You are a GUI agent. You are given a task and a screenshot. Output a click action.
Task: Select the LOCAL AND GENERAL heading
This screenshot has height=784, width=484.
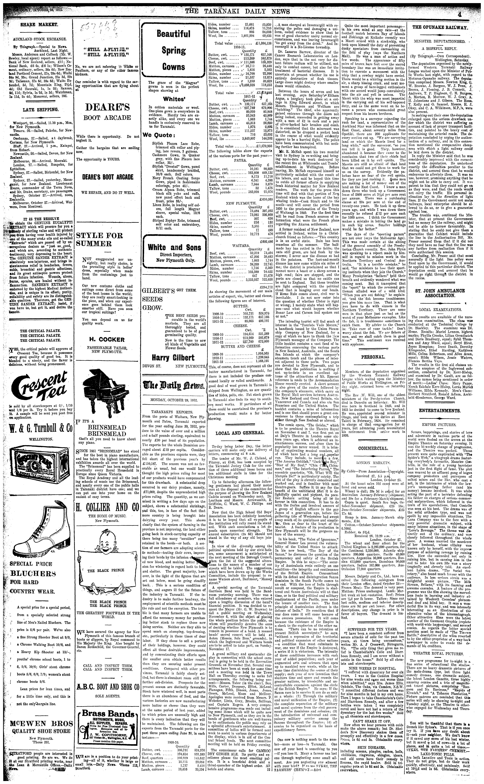pyautogui.click(x=240, y=433)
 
